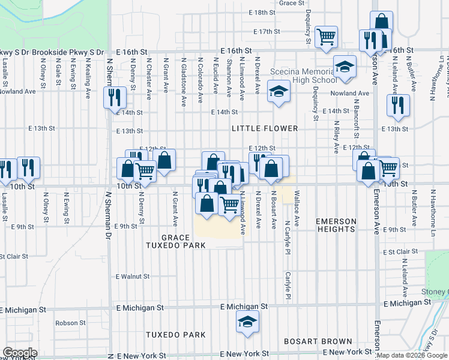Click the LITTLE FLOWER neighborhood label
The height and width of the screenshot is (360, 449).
[x=265, y=128]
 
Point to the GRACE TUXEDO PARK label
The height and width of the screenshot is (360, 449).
[x=175, y=241]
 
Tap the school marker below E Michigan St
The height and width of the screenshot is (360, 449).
[x=247, y=322]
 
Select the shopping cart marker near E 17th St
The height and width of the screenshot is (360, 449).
[x=327, y=37]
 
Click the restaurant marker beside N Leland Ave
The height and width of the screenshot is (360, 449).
[x=398, y=106]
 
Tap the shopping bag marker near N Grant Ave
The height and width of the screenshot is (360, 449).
[x=164, y=160]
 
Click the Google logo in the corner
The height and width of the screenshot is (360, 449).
[x=20, y=352]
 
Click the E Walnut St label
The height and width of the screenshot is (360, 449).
[x=133, y=277]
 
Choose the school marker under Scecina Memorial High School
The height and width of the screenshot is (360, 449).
[x=278, y=92]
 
